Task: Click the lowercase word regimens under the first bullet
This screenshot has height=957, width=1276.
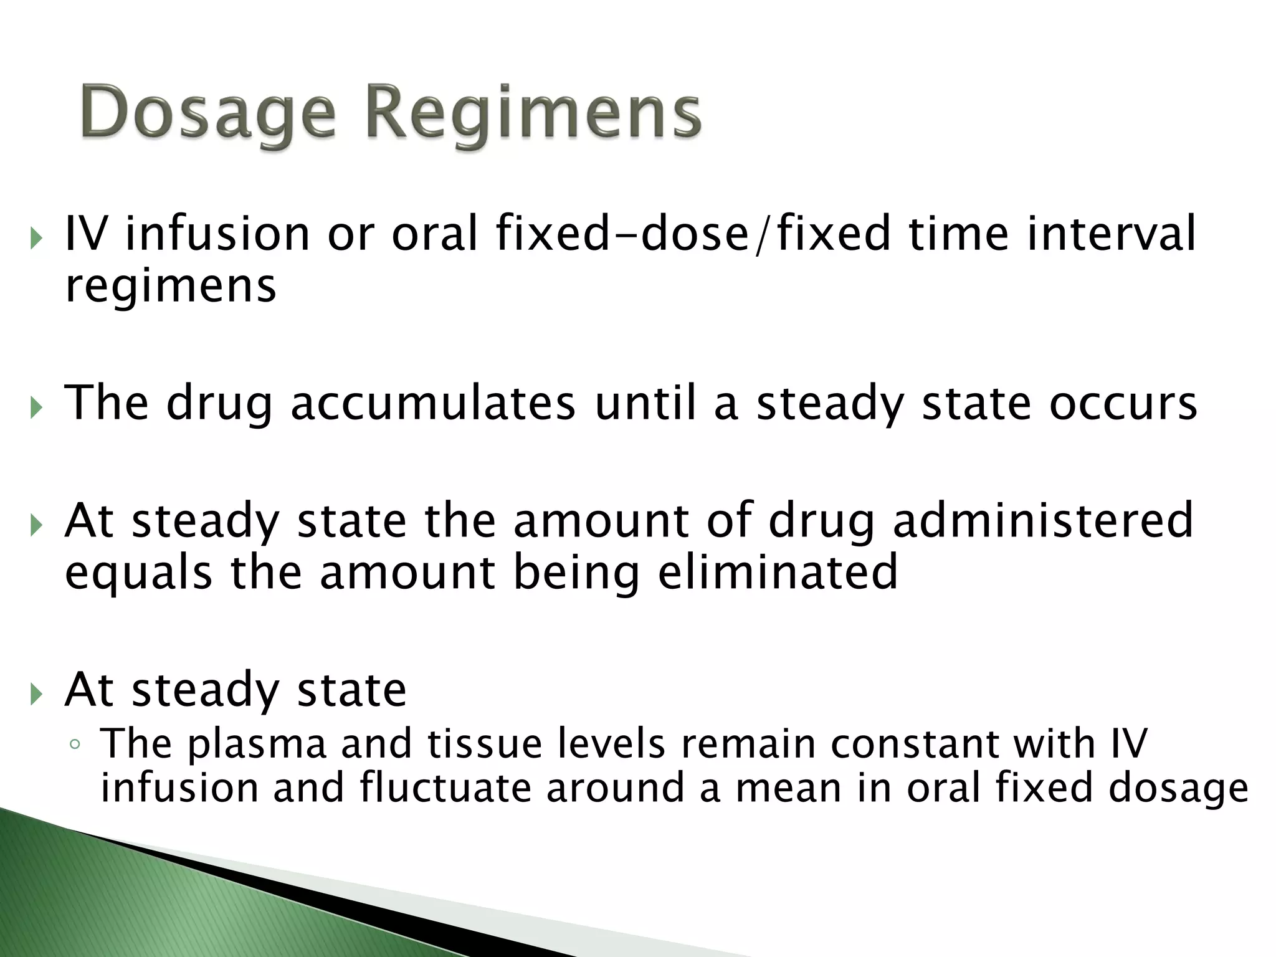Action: [x=171, y=287]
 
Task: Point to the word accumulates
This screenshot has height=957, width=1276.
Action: [x=433, y=403]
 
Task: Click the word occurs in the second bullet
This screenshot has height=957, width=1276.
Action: [x=1123, y=403]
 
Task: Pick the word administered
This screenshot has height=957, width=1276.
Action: [x=1043, y=520]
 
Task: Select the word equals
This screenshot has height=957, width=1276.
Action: [x=138, y=574]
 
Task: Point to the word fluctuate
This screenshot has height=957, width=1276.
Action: [x=445, y=788]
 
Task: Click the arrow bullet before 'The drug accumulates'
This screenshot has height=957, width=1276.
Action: [x=37, y=408]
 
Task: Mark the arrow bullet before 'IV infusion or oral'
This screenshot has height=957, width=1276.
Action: [x=37, y=238]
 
